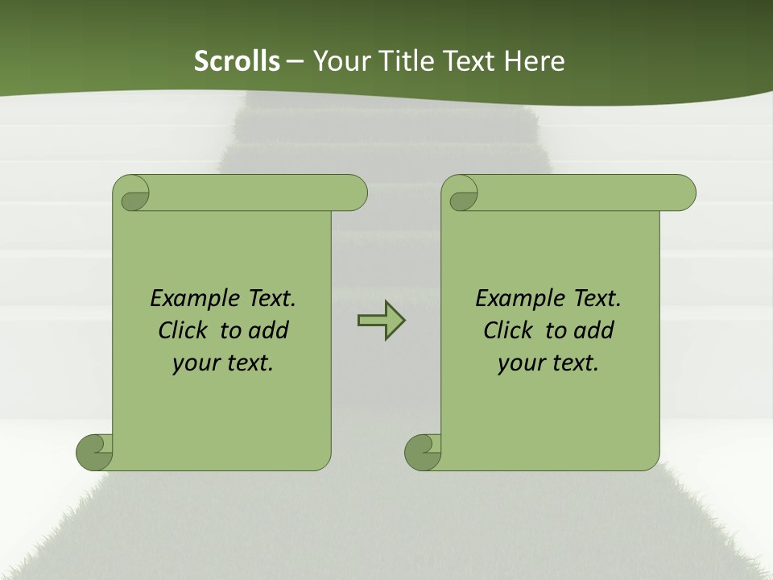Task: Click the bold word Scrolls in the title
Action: (237, 61)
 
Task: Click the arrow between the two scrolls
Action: (381, 321)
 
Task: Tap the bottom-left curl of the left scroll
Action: (94, 452)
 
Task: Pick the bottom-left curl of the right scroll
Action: (422, 452)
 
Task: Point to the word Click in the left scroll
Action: (184, 330)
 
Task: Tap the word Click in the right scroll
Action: (508, 330)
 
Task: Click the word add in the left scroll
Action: (268, 330)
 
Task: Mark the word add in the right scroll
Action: (593, 330)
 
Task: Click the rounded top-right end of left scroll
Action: (354, 193)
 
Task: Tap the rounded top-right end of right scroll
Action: (683, 193)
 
